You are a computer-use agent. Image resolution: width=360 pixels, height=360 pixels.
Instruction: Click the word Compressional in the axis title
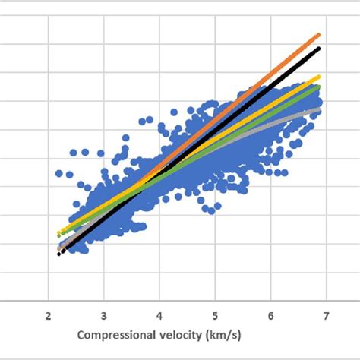(118, 335)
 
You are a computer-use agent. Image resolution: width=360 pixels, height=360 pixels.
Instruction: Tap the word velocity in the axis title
(189, 335)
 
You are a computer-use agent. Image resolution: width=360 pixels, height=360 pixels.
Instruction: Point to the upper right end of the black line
(320, 49)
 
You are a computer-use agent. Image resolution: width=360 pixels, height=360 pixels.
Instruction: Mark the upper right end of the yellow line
(320, 77)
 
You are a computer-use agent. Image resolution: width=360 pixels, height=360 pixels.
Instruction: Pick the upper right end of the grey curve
(320, 109)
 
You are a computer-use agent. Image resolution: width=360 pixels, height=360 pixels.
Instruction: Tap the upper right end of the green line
(320, 88)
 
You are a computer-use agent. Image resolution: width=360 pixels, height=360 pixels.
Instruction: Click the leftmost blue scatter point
(58, 174)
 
